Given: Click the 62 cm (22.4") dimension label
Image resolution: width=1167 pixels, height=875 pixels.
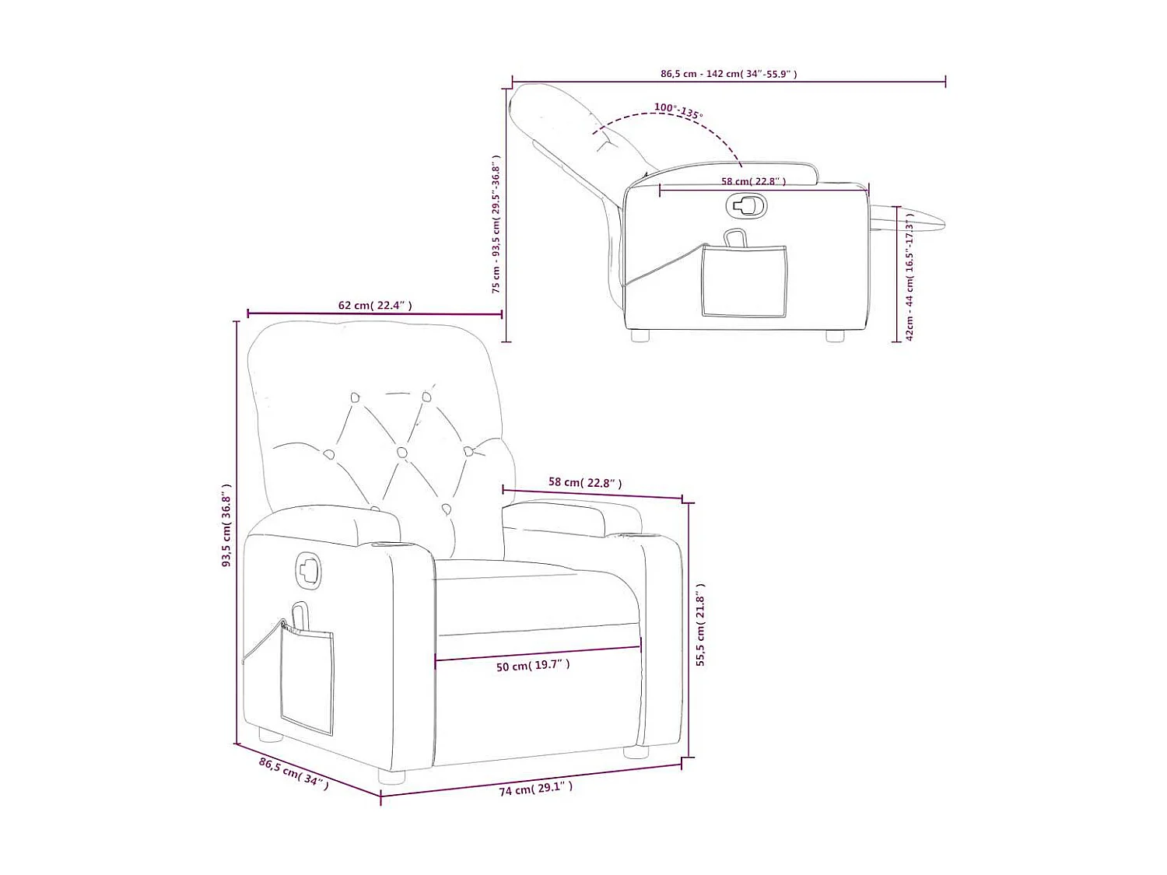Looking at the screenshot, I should pos(375,306).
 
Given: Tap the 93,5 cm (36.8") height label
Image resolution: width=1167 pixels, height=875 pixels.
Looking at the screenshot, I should pos(226,525).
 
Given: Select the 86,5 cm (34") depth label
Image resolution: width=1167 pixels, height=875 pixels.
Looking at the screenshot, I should pos(294,774).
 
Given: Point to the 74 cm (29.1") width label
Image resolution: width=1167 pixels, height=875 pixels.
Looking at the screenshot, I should pos(535,789).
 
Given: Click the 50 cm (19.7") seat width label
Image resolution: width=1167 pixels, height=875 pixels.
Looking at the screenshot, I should pos(533,666).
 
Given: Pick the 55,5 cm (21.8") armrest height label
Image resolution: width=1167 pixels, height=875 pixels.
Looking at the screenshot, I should pos(700,625).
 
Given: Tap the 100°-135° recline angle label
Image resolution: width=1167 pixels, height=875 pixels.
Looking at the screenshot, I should pos(678,110).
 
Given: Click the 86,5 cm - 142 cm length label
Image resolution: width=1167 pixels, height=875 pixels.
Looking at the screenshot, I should pos(728,74).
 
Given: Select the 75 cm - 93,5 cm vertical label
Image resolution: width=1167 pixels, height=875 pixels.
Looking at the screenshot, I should pos(496,224).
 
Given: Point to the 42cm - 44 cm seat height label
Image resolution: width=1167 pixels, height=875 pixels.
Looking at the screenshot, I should pos(909,276).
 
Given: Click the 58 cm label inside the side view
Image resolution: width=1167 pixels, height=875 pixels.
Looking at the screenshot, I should pos(753,181).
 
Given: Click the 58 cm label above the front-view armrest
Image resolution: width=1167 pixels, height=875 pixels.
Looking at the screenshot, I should pos(585,483).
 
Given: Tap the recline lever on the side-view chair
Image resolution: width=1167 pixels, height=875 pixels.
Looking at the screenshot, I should pos(747,205).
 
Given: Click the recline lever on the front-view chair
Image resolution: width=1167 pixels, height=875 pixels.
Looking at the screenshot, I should pos(308,569).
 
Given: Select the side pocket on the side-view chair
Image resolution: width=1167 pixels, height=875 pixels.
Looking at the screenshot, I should pos(744,280).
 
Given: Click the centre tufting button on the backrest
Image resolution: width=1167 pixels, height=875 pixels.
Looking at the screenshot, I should pos(402,452).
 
